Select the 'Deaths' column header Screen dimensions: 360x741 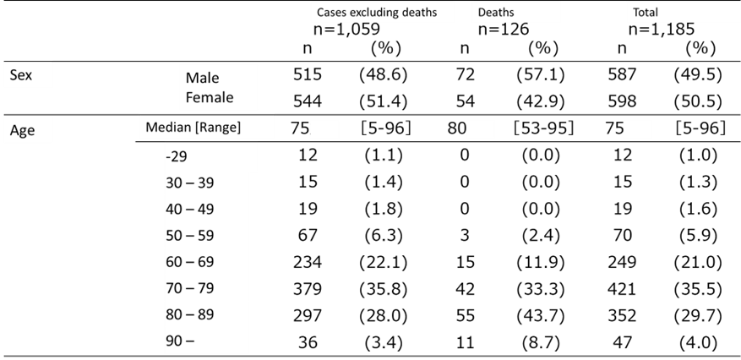(495, 13)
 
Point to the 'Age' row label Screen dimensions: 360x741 (22, 130)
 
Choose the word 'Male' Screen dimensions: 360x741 (203, 78)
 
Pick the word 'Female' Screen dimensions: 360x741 (210, 97)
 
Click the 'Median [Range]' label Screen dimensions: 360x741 (193, 128)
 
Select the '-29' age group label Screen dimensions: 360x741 (178, 157)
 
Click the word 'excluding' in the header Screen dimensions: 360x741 (381, 13)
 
